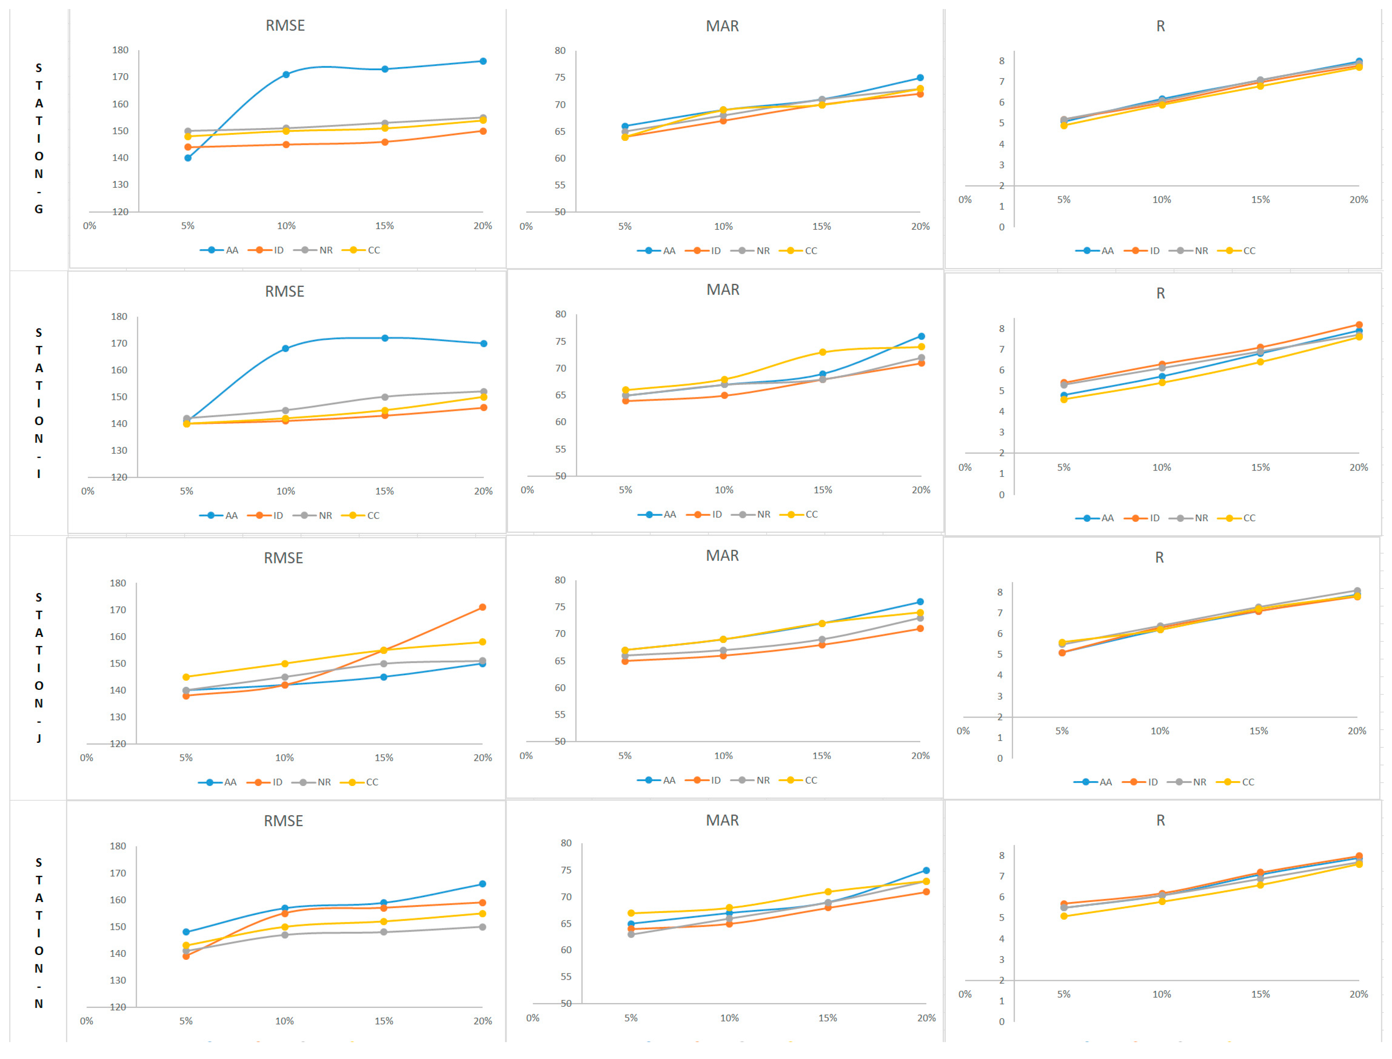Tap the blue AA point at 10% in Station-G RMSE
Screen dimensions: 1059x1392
286,74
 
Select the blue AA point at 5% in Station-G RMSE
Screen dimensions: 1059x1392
188,158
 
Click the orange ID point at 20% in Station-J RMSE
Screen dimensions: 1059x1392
482,607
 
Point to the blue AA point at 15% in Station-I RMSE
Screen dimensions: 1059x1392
385,338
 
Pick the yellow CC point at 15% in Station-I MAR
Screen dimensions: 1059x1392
822,352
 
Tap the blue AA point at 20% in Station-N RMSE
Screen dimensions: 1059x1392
482,884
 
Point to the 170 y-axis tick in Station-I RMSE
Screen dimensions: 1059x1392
119,344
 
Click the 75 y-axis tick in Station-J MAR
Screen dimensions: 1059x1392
560,607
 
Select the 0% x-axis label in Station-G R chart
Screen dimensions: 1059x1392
965,200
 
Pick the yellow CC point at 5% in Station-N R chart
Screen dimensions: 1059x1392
1064,916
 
